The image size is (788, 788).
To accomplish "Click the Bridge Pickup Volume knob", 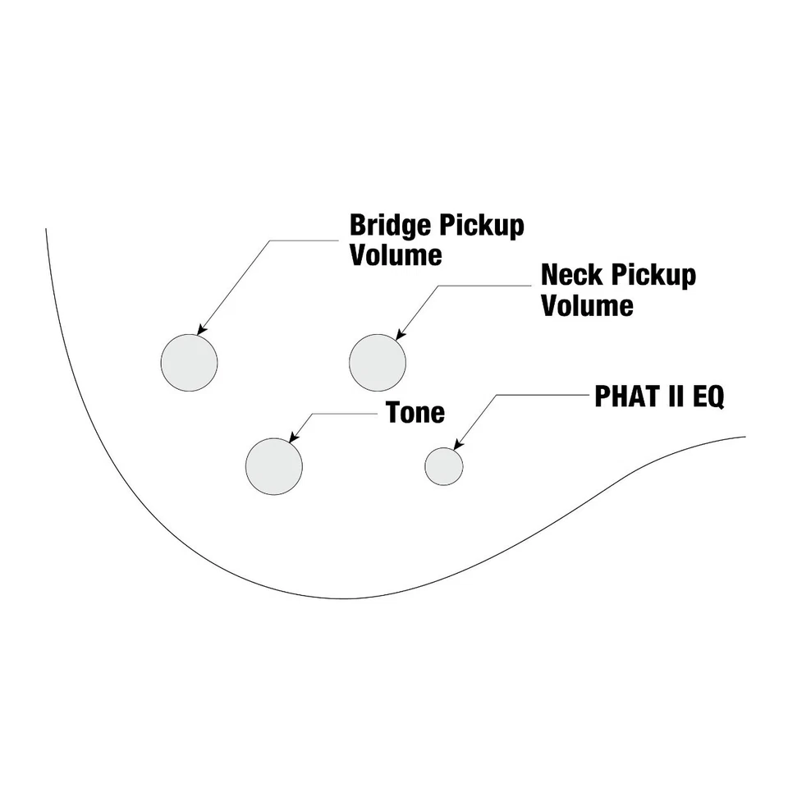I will tap(189, 362).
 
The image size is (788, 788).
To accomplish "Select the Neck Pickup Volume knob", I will tap(378, 362).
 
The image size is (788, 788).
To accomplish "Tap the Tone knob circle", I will tap(273, 466).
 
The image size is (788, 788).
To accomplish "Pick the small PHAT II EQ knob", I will tap(443, 467).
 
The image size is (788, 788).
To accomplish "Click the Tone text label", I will tap(415, 412).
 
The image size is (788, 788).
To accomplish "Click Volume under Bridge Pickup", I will tap(396, 254).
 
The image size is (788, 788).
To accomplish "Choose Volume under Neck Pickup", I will tap(587, 305).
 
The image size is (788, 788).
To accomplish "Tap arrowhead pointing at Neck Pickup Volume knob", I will tap(400, 335).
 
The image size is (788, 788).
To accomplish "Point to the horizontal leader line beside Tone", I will tap(345, 412).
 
